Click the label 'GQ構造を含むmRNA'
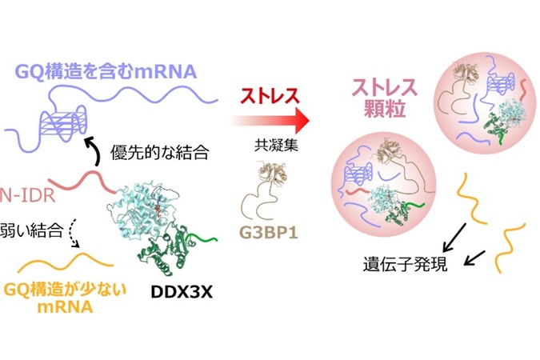106,72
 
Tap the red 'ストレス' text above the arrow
270,96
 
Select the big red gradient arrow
270,121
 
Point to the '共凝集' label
276,145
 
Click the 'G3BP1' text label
269,233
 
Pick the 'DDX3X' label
182,293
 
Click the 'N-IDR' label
27,196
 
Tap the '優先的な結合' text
159,151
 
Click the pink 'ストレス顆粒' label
384,98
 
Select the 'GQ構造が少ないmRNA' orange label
65,298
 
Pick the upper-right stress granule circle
485,103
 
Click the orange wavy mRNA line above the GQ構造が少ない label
66,262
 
